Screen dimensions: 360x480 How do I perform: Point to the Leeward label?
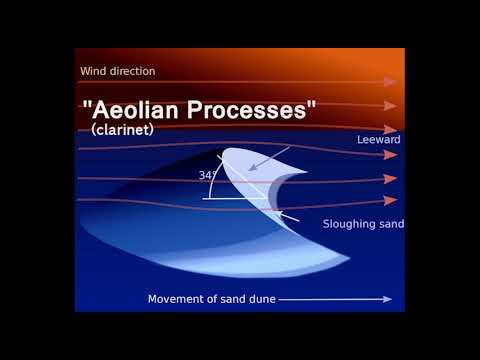379,140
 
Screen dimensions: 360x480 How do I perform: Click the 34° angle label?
208,175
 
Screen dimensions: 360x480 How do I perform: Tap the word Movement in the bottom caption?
177,299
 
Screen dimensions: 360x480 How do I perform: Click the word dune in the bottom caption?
263,299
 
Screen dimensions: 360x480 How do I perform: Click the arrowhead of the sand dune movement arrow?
386,298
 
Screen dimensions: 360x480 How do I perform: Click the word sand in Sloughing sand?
392,224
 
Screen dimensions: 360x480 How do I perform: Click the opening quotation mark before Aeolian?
86,105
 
